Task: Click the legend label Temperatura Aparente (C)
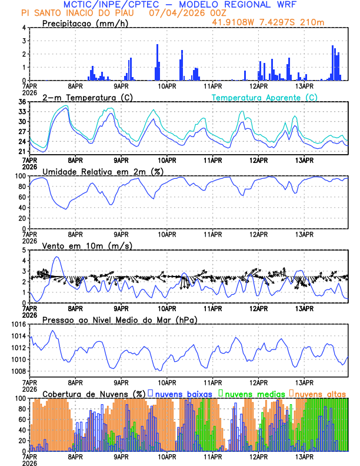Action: coord(264,97)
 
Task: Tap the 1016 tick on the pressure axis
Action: coord(18,324)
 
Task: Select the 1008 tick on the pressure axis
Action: coord(18,371)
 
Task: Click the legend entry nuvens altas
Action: coord(321,393)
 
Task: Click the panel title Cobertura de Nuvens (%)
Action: coord(94,393)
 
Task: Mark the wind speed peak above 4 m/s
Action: coord(56,257)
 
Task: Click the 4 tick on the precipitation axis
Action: coord(24,28)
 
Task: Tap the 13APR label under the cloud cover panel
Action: coord(304,457)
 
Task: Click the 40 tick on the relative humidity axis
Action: coord(22,207)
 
